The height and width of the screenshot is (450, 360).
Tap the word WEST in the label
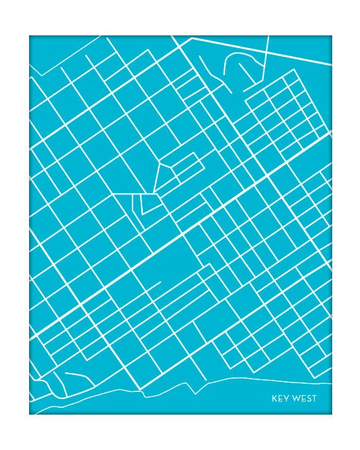click(303, 398)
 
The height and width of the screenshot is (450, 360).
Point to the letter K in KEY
click(275, 398)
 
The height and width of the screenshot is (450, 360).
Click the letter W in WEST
click(294, 398)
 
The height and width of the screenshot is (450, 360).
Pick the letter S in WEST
click(308, 398)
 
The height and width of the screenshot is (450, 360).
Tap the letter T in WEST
click(314, 398)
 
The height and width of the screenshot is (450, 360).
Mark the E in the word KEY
click(280, 398)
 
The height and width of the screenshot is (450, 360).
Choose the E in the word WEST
click(302, 398)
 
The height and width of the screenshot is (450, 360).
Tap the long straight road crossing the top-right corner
click(265, 50)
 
